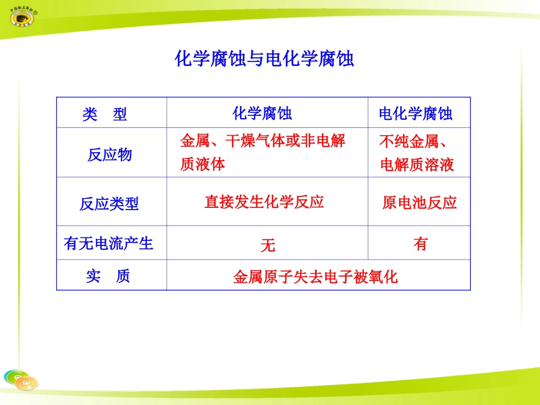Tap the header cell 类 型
coord(105,115)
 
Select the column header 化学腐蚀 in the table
coord(262,114)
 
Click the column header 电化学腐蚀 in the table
coord(416,114)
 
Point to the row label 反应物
coord(109,155)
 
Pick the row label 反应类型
coord(109,204)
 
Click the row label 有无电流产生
coord(109,244)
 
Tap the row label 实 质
coord(108,277)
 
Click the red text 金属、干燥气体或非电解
coord(263,141)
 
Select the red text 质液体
coord(202,165)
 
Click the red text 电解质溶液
coord(417,165)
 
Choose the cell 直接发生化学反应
coord(264,202)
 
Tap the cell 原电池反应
coord(419,203)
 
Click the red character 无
coord(268,245)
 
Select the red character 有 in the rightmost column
coord(421,244)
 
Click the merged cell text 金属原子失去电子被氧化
coord(315,277)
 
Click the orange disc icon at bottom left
coord(26,383)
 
